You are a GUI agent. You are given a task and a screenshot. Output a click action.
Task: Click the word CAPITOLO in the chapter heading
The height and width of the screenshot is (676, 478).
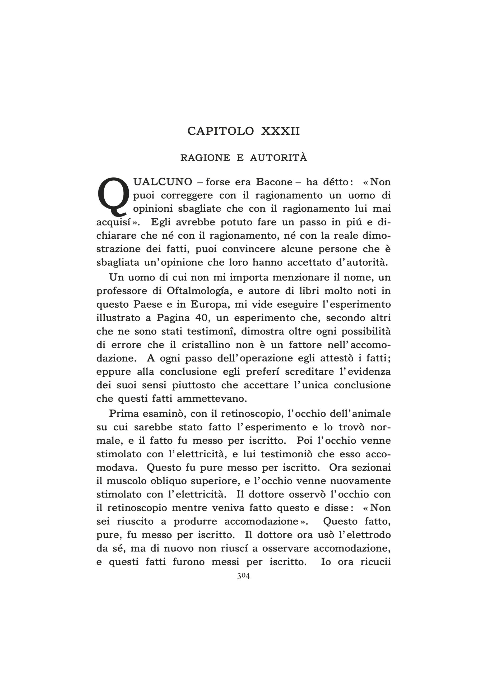pos(220,131)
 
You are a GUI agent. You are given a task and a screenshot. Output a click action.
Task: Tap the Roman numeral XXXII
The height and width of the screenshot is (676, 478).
pos(280,131)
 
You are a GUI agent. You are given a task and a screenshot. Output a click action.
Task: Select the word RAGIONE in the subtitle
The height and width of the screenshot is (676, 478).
pos(205,158)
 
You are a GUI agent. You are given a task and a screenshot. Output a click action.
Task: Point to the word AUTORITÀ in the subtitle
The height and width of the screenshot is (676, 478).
pos(279,158)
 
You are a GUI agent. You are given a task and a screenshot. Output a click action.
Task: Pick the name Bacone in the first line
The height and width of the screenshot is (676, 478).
pos(274,182)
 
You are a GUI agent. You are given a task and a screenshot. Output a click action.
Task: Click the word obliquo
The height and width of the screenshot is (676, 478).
pos(168,481)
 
